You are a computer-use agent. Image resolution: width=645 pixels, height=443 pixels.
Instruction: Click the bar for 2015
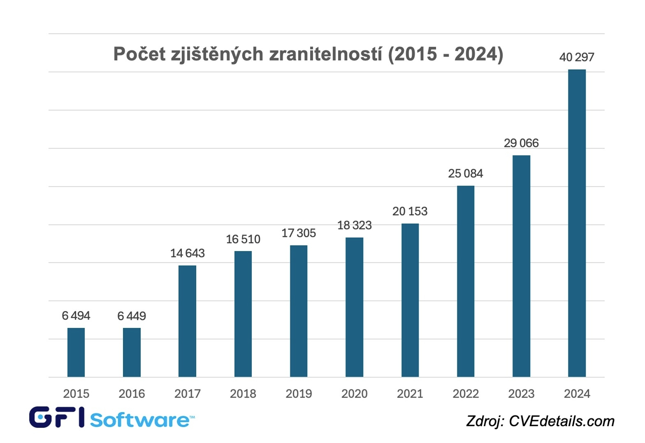(x=76, y=352)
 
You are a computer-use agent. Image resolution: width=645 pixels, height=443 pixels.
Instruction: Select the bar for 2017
(x=187, y=321)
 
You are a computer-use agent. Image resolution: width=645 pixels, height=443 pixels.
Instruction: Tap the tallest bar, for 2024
(x=576, y=223)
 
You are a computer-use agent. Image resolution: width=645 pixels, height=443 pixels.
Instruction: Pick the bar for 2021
(x=410, y=300)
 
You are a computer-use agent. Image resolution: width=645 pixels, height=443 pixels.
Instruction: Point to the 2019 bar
(x=299, y=311)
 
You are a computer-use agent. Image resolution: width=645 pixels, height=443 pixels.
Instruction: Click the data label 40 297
(x=576, y=57)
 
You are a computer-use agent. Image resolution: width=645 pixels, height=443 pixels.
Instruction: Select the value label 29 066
(x=521, y=143)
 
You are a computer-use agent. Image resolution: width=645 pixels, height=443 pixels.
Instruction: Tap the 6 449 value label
(x=131, y=316)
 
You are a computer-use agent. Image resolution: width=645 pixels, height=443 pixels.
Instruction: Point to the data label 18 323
(x=354, y=225)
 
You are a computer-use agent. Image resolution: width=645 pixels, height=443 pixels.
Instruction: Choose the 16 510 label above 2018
(x=243, y=239)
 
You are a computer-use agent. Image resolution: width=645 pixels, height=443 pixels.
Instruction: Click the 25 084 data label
(x=465, y=174)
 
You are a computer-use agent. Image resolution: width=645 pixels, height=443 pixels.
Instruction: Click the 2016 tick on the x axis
(x=132, y=394)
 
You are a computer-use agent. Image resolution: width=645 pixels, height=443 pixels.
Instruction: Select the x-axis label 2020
(x=354, y=394)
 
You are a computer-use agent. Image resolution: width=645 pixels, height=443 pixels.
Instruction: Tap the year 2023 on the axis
(x=521, y=394)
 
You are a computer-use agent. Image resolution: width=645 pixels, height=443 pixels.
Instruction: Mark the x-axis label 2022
(x=466, y=394)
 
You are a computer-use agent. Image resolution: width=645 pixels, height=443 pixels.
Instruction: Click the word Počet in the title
(x=139, y=54)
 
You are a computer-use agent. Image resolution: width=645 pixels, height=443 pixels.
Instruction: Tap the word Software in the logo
(x=140, y=420)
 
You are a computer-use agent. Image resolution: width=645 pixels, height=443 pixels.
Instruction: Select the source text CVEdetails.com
(x=561, y=421)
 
